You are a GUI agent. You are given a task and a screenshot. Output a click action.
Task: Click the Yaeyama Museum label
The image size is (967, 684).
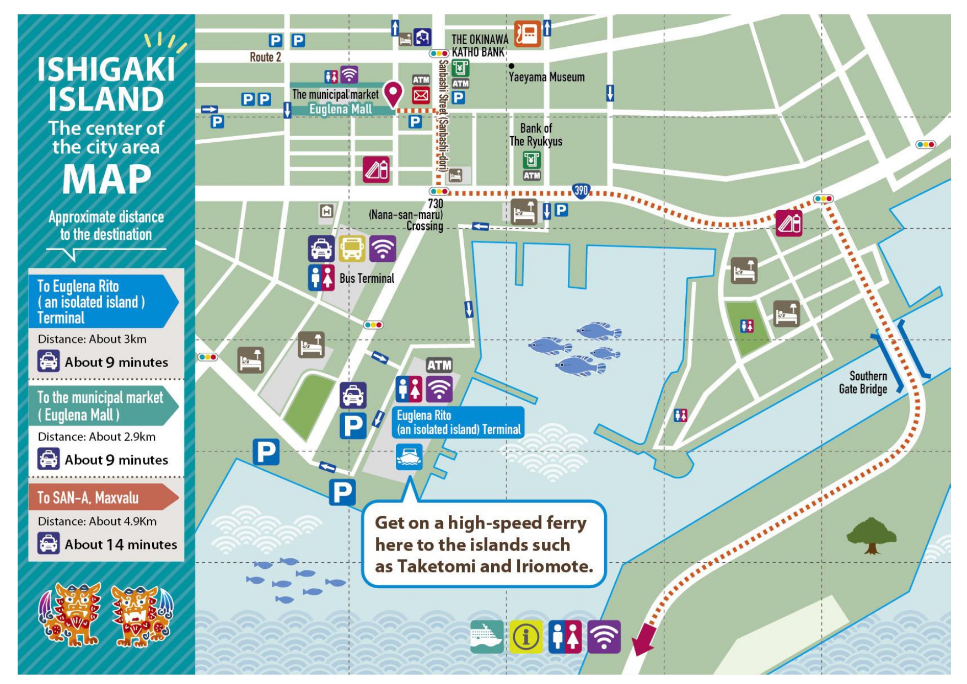pos(546,77)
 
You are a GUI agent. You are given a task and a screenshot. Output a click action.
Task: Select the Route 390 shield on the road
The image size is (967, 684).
pos(581,191)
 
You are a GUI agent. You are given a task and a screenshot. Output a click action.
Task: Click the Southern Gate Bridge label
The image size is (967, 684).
pos(863,383)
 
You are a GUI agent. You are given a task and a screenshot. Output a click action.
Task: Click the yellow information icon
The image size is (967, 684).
pos(525,637)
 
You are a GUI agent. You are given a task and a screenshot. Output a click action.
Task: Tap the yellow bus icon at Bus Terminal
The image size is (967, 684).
pos(352,249)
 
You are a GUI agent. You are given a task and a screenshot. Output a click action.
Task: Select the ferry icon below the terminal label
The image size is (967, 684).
pos(409,457)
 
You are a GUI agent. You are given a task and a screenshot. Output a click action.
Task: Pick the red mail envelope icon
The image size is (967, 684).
pos(421,96)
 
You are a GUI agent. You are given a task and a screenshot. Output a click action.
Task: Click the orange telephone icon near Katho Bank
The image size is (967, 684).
pos(527,34)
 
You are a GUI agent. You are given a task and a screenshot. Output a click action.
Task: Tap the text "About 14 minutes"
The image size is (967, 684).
pos(121,545)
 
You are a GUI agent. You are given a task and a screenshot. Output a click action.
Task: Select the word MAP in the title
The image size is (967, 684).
pos(106,180)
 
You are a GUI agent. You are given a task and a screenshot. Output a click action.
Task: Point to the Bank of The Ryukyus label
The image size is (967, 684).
pos(535,134)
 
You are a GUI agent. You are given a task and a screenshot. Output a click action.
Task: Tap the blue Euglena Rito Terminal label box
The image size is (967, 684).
pos(458,423)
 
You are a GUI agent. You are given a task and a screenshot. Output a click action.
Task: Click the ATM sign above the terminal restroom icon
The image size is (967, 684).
pos(439,365)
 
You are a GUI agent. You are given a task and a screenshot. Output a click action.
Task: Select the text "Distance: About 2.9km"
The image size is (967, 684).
pos(96,437)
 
